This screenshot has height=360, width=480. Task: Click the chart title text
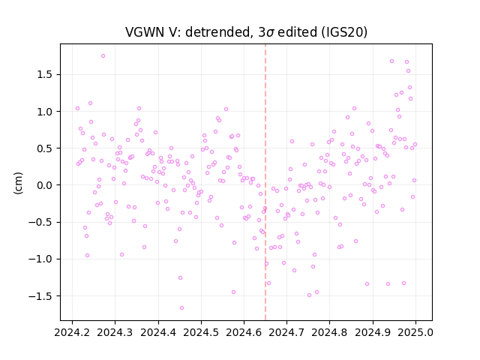pyautogui.click(x=246, y=32)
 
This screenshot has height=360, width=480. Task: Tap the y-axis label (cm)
pyautogui.click(x=18, y=183)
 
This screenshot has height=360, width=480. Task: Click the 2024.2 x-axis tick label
pyautogui.click(x=72, y=332)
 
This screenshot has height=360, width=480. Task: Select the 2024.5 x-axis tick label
pyautogui.click(x=201, y=332)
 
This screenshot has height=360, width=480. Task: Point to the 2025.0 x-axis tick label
pyautogui.click(x=415, y=332)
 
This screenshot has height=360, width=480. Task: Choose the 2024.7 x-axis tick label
pyautogui.click(x=286, y=332)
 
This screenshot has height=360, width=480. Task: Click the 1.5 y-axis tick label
pyautogui.click(x=45, y=75)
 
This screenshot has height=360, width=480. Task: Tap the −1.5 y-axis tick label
pyautogui.click(x=41, y=296)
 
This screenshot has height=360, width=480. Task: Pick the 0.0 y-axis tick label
pyautogui.click(x=45, y=185)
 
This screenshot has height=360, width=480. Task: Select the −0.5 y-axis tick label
pyautogui.click(x=41, y=222)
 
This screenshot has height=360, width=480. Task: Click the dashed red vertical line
pyautogui.click(x=265, y=182)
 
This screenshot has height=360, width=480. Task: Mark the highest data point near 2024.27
pyautogui.click(x=103, y=56)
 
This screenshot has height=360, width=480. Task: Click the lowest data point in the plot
pyautogui.click(x=181, y=308)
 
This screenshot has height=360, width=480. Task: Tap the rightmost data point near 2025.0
pyautogui.click(x=415, y=145)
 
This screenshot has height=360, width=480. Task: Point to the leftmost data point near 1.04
pyautogui.click(x=77, y=108)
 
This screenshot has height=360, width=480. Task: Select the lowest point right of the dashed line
pyautogui.click(x=309, y=295)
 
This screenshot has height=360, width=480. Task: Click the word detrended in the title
pyautogui.click(x=218, y=32)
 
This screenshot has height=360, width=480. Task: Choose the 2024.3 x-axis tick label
pyautogui.click(x=115, y=332)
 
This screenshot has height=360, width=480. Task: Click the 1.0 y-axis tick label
pyautogui.click(x=45, y=112)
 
